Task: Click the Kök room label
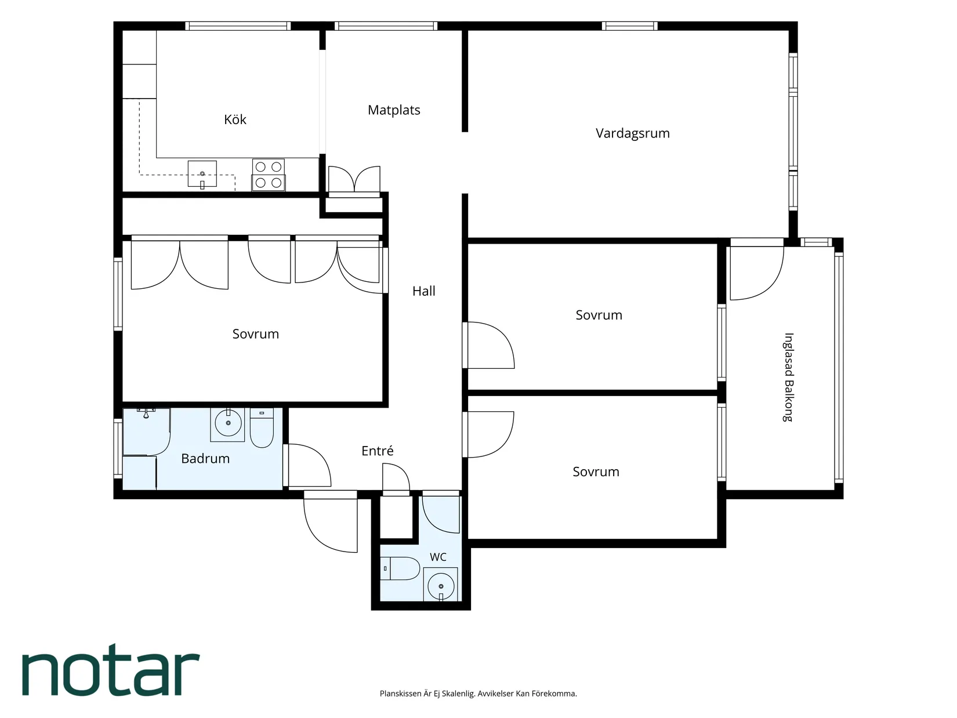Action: click(235, 119)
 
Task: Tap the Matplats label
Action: click(394, 110)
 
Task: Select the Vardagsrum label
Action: click(633, 133)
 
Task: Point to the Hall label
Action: click(424, 291)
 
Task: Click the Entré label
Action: click(377, 450)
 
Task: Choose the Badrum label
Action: click(205, 458)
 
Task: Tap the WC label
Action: click(438, 557)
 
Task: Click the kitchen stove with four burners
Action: click(269, 175)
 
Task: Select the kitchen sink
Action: click(202, 174)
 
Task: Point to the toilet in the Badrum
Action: click(262, 427)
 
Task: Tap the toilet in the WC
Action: click(400, 568)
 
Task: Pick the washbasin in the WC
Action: click(440, 584)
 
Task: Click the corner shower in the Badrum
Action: click(146, 432)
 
